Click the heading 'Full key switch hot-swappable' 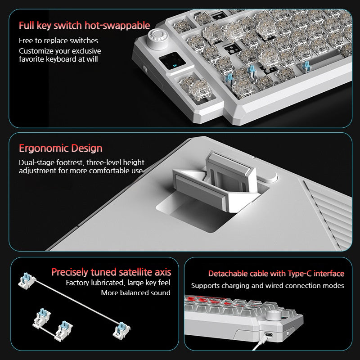pyautogui.click(x=84, y=25)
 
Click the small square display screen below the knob pyautogui.click(x=173, y=62)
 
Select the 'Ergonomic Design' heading pyautogui.click(x=60, y=148)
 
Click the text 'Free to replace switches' pyautogui.click(x=58, y=41)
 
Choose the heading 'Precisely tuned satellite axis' pyautogui.click(x=111, y=272)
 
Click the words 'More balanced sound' pyautogui.click(x=135, y=293)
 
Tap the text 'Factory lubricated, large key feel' pyautogui.click(x=118, y=283)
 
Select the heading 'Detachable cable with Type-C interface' pyautogui.click(x=276, y=273)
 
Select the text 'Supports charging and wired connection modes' pyautogui.click(x=267, y=285)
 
